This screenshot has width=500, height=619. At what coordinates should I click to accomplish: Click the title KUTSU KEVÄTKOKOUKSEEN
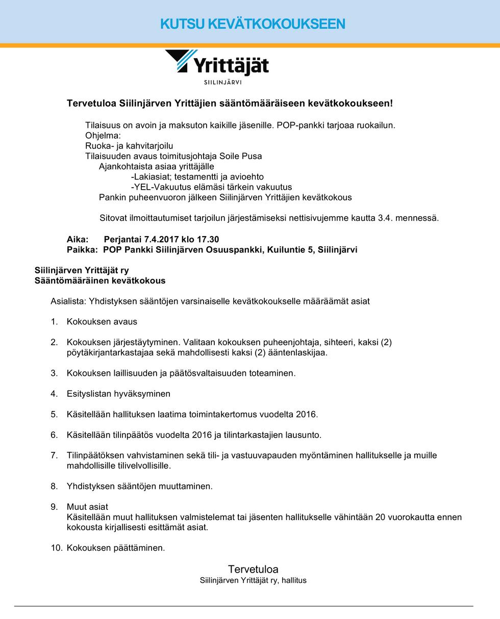click(253, 24)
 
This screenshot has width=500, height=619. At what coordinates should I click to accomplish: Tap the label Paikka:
click(82, 250)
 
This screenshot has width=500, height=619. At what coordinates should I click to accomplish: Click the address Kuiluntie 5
click(290, 250)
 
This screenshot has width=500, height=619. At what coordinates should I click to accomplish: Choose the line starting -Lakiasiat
click(197, 177)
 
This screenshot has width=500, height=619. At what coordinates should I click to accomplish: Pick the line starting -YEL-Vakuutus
click(211, 187)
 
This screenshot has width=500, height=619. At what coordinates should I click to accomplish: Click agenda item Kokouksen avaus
click(102, 322)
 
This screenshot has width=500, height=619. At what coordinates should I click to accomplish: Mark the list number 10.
click(56, 548)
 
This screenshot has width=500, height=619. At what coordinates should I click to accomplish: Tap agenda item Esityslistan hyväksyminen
click(118, 394)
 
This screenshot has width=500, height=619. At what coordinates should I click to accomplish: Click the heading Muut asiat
click(87, 507)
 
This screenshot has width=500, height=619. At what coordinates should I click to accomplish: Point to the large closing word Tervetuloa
click(253, 569)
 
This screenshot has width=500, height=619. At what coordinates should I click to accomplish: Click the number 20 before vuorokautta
click(381, 517)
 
